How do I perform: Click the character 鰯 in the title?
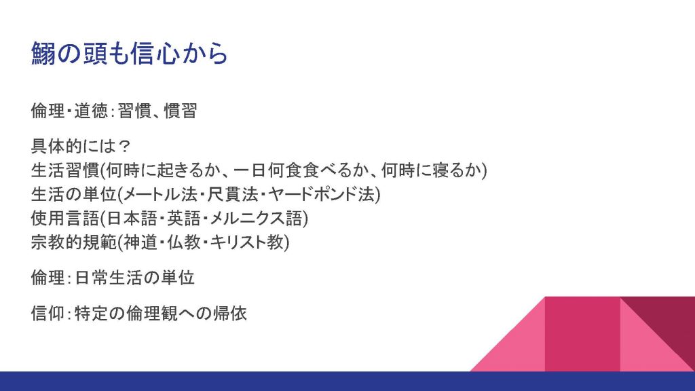point(43,54)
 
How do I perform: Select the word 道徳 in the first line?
point(91,111)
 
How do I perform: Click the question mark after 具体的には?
point(125,147)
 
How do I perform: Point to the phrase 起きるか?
point(189,170)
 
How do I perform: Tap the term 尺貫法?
point(233,194)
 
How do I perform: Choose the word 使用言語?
point(64,218)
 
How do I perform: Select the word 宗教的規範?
point(73,242)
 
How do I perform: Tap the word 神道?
point(140,242)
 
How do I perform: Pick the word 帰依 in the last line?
point(230,314)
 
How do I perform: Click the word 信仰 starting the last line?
point(48,314)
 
